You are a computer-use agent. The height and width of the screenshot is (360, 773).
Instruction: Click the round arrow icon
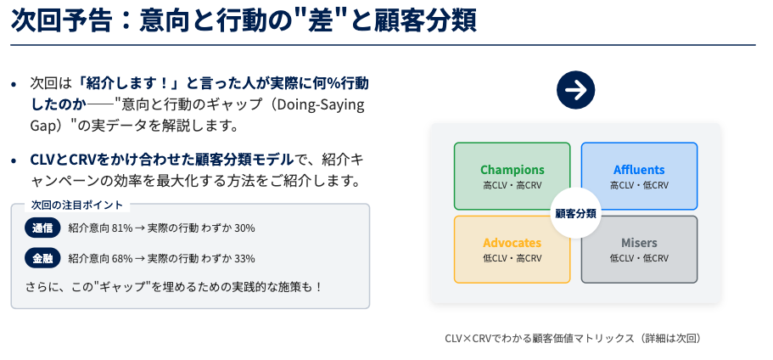[575, 90]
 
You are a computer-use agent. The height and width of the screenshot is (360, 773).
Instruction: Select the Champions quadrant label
[513, 170]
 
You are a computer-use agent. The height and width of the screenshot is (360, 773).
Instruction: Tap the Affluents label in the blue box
[639, 170]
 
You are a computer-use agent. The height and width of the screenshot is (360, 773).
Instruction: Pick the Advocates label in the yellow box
[513, 243]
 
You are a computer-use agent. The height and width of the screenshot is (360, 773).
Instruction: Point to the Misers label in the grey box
[639, 243]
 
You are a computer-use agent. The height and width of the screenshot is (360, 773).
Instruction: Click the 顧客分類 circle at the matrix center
[575, 213]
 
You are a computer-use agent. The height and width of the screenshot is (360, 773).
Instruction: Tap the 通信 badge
[42, 228]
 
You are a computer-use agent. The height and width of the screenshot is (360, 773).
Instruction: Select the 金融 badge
[42, 258]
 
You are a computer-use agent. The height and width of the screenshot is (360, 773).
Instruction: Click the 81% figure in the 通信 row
[122, 228]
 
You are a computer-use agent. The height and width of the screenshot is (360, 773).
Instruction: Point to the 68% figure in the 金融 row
[122, 258]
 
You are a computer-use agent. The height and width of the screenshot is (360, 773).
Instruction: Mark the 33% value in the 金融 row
[244, 258]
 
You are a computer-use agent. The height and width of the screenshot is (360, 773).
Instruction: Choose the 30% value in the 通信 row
[244, 228]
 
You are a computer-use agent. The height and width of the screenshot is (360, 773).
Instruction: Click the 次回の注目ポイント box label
[77, 205]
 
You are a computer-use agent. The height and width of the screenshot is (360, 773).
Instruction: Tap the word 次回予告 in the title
[62, 20]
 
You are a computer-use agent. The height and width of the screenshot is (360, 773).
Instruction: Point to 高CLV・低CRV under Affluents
[639, 185]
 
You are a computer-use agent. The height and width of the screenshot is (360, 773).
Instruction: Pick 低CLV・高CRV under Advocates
[513, 258]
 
